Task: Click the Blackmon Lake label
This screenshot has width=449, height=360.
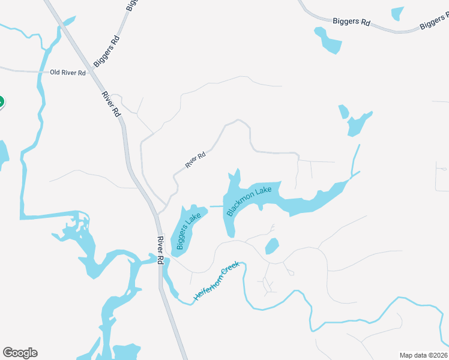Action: [x=249, y=201]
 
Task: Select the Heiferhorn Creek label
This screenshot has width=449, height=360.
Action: [x=216, y=281]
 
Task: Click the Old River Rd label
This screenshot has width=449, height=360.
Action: [x=68, y=73]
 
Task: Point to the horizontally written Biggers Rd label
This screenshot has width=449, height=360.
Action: [x=351, y=22]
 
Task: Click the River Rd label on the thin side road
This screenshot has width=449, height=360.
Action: [x=196, y=159]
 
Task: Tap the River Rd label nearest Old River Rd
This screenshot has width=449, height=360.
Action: [x=110, y=104]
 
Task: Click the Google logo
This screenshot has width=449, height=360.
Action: [x=20, y=353]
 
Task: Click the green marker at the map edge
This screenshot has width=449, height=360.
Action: [x=1, y=103]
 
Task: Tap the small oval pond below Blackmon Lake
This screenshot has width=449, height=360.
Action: [x=272, y=246]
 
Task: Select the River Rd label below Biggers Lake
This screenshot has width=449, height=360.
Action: [x=160, y=251]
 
